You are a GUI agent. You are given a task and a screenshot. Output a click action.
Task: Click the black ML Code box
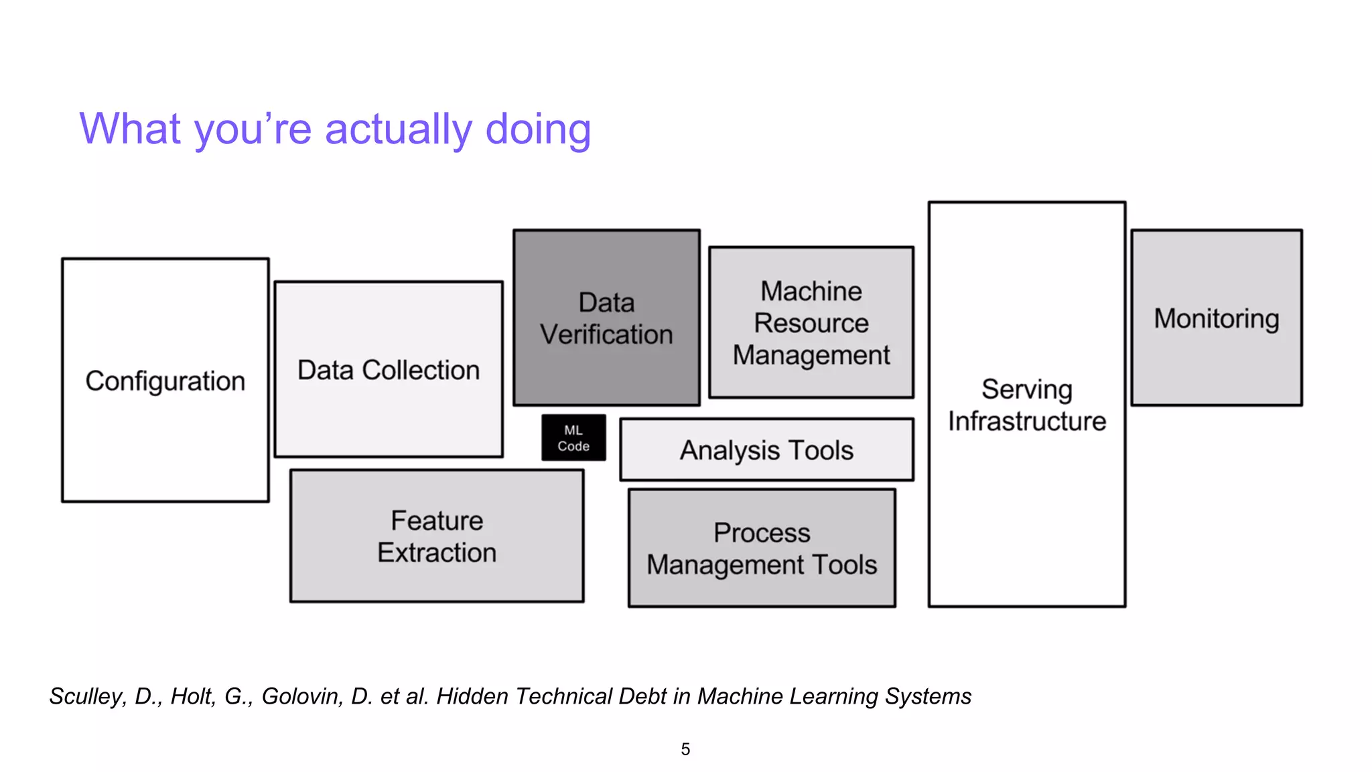(573, 438)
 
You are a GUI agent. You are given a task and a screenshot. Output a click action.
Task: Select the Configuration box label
(165, 381)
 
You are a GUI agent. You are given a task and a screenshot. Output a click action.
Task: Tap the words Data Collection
(388, 370)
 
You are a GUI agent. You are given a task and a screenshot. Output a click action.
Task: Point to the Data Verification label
(606, 318)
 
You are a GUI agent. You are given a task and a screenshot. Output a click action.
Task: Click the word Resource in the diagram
(811, 323)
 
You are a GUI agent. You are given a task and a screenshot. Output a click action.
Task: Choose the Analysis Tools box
(766, 450)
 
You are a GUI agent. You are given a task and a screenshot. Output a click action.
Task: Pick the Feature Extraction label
(437, 536)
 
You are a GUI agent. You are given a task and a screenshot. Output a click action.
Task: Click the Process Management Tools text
(762, 548)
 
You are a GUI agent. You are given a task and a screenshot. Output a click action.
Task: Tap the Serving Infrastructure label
(1026, 405)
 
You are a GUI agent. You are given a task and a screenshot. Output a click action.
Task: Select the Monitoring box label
(1216, 318)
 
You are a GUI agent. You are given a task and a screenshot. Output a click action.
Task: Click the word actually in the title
(398, 129)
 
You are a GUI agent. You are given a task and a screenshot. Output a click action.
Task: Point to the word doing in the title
(537, 129)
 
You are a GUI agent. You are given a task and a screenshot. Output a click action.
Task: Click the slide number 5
(685, 749)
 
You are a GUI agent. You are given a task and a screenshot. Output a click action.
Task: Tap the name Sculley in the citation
(86, 696)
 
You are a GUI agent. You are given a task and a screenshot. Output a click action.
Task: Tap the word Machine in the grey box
(811, 292)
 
